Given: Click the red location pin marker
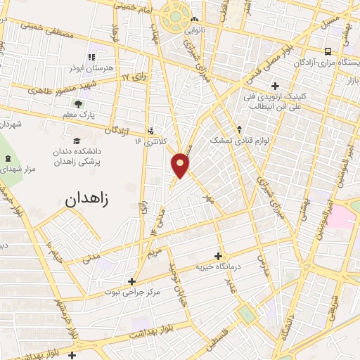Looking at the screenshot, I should [181, 165].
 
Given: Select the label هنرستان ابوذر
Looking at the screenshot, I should [92, 68].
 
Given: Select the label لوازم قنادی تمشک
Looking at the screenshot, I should [240, 141].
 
